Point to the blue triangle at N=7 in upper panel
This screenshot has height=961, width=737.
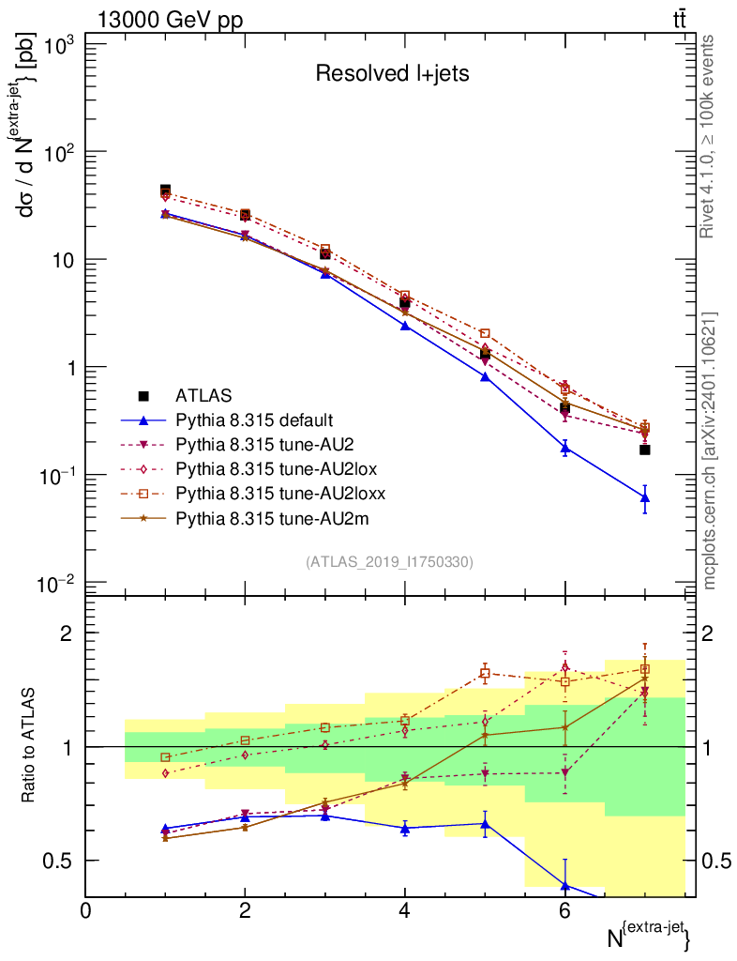pos(645,497)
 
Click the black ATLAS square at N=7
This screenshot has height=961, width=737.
pos(645,450)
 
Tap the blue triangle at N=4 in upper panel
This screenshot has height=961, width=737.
pos(405,326)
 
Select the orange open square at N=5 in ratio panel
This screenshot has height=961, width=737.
pos(486,672)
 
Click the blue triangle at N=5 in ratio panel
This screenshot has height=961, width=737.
pos(486,824)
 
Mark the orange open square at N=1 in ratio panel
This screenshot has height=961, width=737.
pos(166,757)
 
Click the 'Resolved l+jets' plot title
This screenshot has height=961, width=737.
pos(391,74)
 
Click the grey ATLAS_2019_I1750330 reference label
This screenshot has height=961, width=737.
pos(389,562)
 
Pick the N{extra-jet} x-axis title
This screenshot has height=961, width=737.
pos(651,936)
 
